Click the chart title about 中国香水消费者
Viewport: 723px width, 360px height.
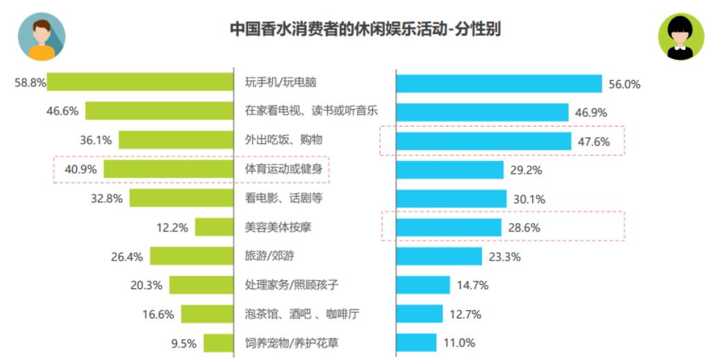(x=365, y=30)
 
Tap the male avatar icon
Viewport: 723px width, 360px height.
(x=42, y=37)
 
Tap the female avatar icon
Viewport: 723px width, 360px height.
(x=681, y=37)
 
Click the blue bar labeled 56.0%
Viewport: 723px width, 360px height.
(x=499, y=83)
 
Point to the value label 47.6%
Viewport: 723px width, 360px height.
(x=594, y=142)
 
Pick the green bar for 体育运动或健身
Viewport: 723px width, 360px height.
(x=169, y=169)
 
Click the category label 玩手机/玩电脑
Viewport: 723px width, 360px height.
(x=281, y=82)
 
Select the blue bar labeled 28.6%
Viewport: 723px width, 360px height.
(x=449, y=227)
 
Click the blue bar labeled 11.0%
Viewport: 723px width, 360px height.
(x=416, y=343)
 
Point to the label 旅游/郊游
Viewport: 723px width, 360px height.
(x=269, y=256)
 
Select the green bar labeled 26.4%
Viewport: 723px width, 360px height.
(x=192, y=256)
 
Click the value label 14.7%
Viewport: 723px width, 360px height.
(x=473, y=285)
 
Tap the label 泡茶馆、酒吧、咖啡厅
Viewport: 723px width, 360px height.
(x=302, y=314)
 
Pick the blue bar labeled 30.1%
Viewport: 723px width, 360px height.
(x=451, y=198)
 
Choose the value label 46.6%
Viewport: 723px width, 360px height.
(x=63, y=111)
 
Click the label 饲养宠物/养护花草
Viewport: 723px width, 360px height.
(x=292, y=343)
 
